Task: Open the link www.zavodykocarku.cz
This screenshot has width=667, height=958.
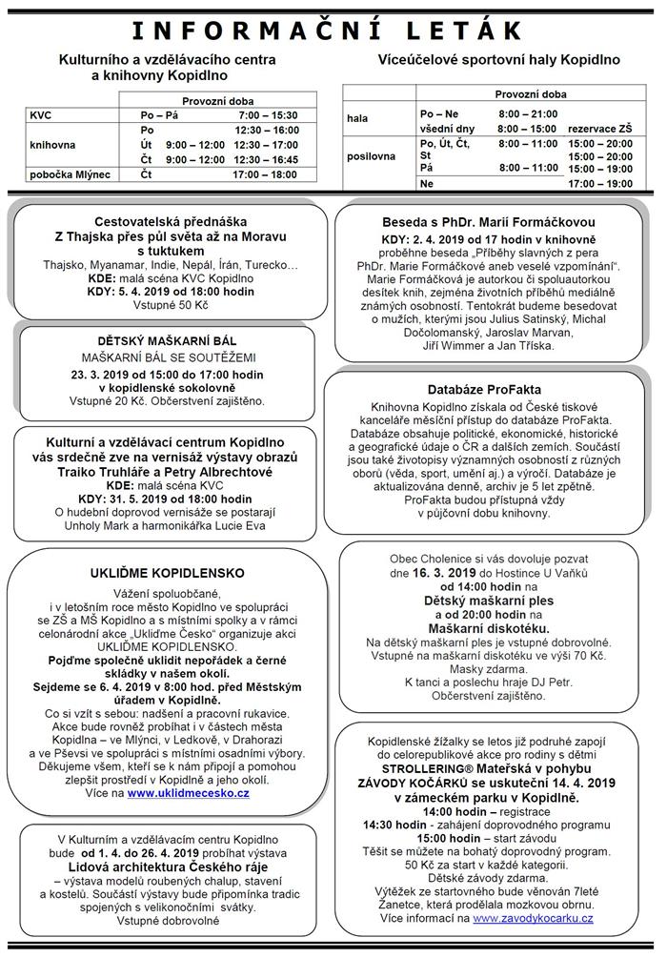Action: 533,918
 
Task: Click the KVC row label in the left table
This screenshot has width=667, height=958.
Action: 41,114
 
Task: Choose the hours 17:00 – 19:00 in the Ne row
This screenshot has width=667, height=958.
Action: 599,183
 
